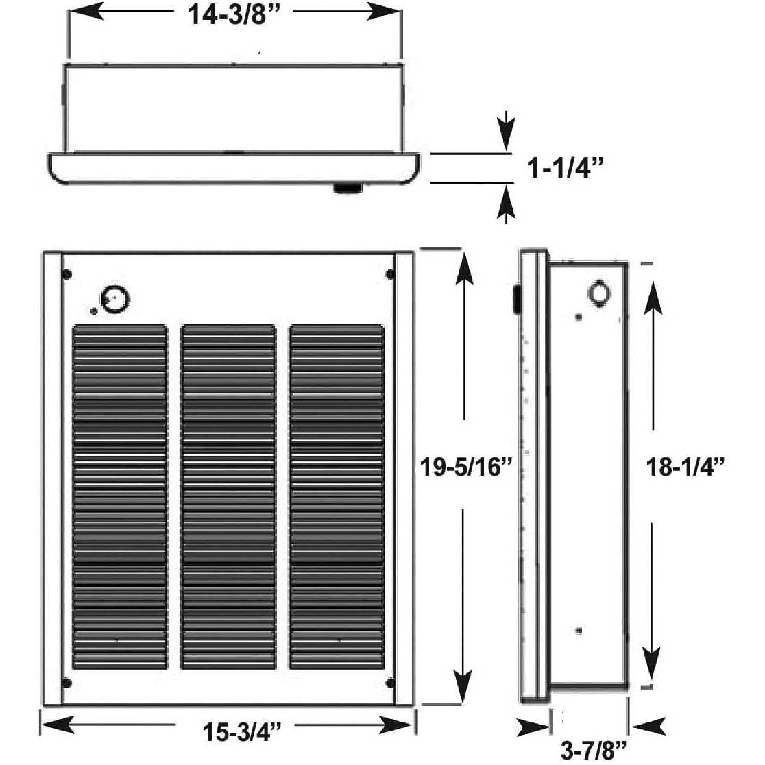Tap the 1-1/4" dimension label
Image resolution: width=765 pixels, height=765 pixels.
pos(565,169)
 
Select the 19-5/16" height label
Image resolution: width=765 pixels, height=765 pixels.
pos(466,466)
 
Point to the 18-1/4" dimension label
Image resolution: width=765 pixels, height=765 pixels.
pos(685,466)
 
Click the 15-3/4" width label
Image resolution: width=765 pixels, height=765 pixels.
pos(242,731)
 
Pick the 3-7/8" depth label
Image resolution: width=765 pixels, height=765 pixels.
pos(593,751)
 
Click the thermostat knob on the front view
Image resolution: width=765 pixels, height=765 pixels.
pos(115,300)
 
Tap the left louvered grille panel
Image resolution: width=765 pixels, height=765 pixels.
pos(120,497)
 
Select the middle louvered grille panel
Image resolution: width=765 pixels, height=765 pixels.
pos(228,497)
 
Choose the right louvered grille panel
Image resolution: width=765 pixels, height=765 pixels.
pos(337,497)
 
